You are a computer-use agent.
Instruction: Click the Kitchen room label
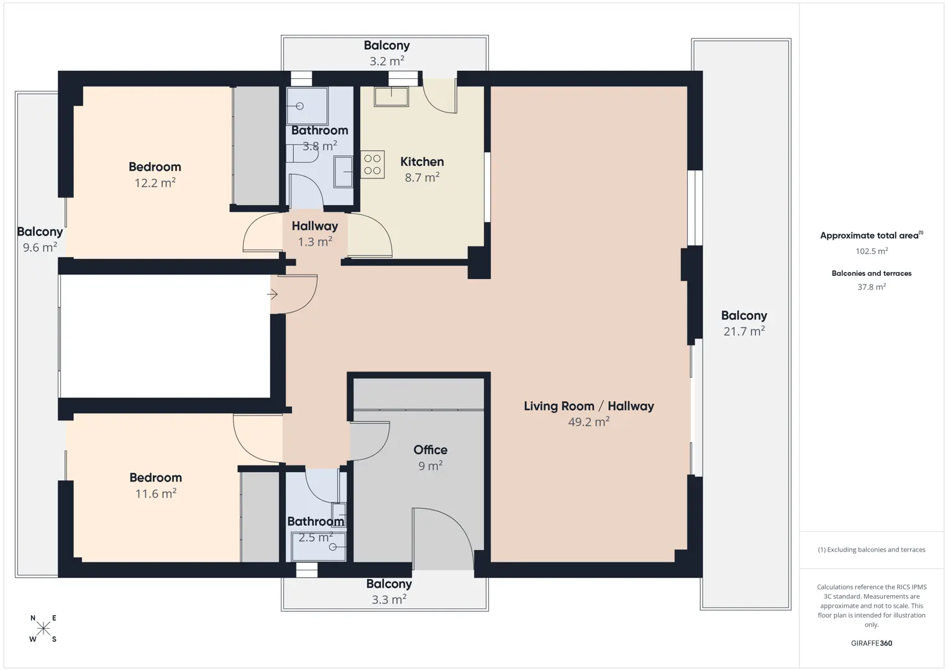click(422, 162)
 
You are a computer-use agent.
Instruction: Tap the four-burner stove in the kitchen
click(373, 164)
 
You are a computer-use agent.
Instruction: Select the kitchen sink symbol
click(391, 97)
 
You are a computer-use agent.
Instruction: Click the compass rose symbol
click(43, 628)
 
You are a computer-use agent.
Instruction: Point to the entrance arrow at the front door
click(272, 294)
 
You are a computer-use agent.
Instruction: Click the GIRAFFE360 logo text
click(872, 643)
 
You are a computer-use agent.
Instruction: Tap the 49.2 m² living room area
click(589, 422)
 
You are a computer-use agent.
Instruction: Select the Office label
click(431, 450)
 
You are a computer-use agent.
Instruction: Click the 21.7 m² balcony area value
click(744, 331)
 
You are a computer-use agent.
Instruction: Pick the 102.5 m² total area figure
click(872, 251)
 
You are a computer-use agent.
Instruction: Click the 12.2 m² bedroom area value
click(155, 183)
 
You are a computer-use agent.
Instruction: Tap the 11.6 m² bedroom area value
click(156, 493)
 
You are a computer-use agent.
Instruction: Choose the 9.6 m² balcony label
click(40, 239)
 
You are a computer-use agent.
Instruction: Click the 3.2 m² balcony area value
click(387, 62)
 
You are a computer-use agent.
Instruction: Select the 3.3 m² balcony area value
click(389, 600)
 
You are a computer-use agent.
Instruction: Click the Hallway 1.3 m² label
click(315, 234)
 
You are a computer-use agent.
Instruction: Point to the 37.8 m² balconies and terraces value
click(872, 287)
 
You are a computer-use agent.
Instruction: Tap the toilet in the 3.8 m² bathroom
click(302, 153)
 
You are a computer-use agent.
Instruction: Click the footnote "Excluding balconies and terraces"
click(872, 549)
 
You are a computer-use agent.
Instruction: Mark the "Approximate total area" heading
click(872, 235)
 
